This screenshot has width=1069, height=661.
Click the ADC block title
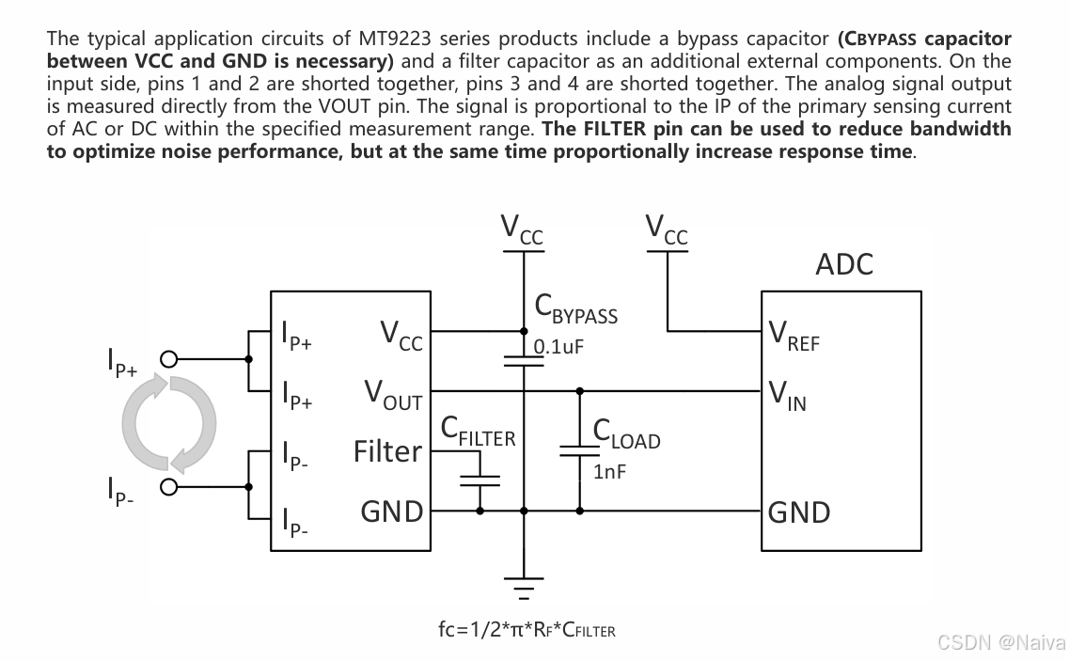tap(843, 264)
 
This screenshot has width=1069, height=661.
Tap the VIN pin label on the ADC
tap(787, 395)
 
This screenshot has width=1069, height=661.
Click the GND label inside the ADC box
tap(799, 512)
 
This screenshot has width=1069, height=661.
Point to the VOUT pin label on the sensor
tap(393, 395)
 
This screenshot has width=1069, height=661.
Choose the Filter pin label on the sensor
tap(387, 452)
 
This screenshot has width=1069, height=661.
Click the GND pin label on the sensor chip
tap(391, 512)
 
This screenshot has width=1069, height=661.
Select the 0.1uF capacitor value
tap(558, 346)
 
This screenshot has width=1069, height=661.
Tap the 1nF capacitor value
tap(609, 472)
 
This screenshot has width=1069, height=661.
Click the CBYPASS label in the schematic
tap(575, 307)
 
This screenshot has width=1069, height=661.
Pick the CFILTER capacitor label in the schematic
tap(478, 432)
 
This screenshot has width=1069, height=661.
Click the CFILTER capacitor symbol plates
tap(479, 480)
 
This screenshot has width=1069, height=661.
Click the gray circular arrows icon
tap(169, 423)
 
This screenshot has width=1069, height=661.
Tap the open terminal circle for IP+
tap(169, 359)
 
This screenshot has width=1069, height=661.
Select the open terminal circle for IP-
tap(169, 486)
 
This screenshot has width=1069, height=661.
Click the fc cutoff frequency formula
tap(527, 630)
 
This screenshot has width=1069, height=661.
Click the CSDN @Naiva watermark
tap(1000, 642)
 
